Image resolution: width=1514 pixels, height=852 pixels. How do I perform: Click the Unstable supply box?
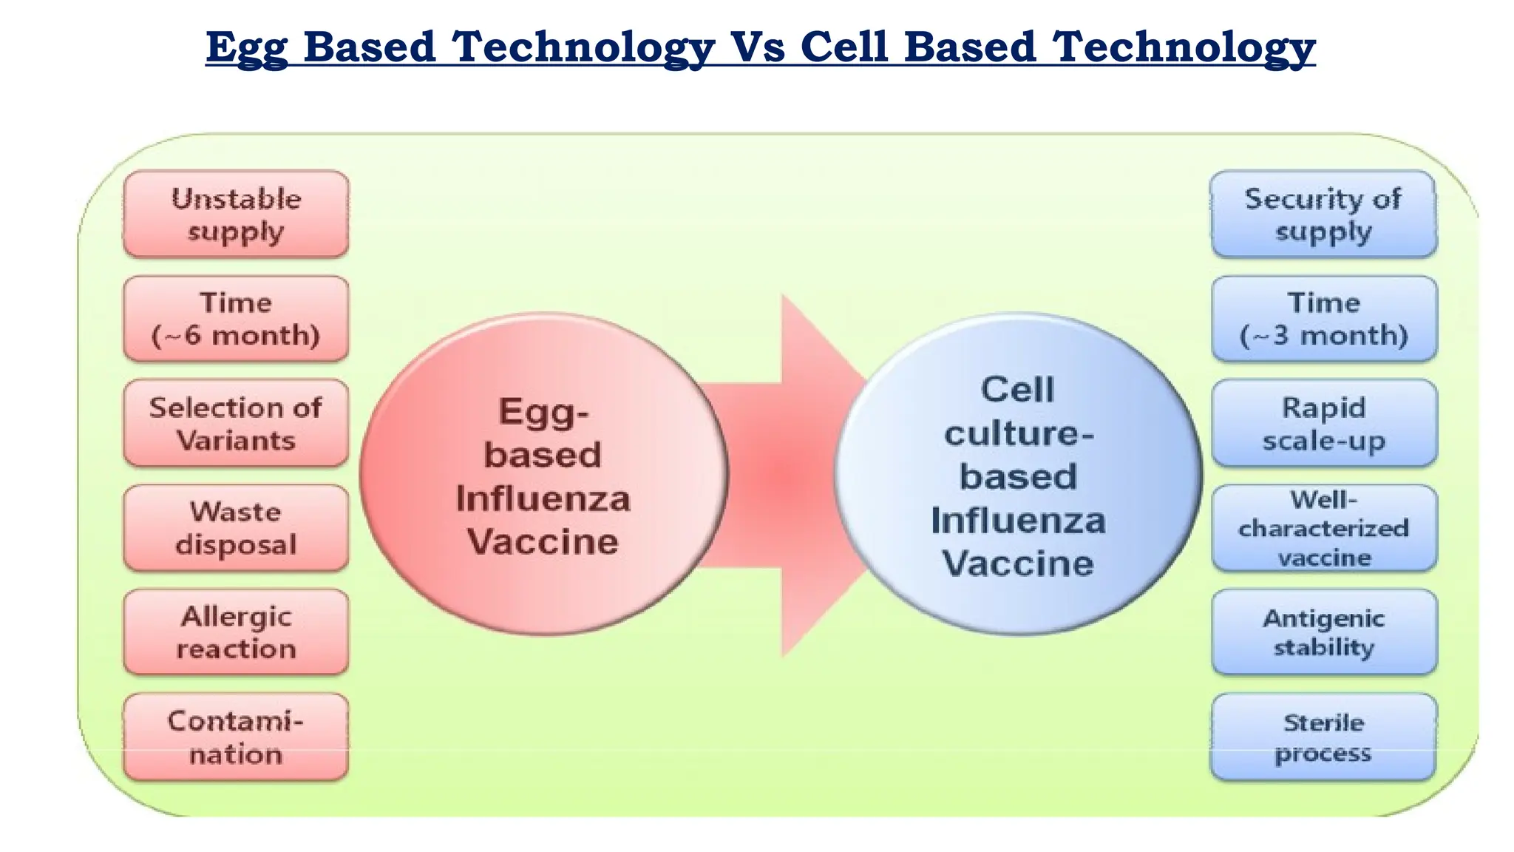click(236, 214)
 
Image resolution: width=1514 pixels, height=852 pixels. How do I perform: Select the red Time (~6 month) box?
click(236, 319)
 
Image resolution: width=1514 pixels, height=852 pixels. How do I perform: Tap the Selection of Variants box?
click(236, 423)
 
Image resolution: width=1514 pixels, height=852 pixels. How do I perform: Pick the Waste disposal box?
click(236, 528)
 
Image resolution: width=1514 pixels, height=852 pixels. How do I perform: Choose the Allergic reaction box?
click(236, 632)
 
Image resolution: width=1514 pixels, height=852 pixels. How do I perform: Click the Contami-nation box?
click(236, 737)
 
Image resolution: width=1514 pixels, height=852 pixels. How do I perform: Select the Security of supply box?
click(1323, 214)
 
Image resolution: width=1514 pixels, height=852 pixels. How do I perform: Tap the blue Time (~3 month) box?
click(1323, 319)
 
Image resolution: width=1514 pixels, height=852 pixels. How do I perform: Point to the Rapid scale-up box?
click(1323, 423)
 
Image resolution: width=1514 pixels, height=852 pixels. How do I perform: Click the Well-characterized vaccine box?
click(1323, 528)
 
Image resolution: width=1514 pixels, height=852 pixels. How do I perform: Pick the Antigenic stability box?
click(1323, 632)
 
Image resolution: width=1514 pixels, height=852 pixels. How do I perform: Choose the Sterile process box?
click(1323, 737)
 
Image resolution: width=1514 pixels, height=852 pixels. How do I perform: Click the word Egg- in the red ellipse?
click(543, 413)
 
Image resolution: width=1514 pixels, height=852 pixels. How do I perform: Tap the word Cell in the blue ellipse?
click(1017, 390)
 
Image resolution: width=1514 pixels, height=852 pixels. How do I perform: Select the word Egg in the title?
click(246, 48)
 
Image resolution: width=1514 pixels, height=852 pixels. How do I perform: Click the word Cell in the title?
click(843, 47)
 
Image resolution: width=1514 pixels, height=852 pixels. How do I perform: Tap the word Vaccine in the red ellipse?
click(543, 541)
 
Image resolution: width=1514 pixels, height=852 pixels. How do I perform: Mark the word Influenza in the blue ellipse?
click(1018, 521)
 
